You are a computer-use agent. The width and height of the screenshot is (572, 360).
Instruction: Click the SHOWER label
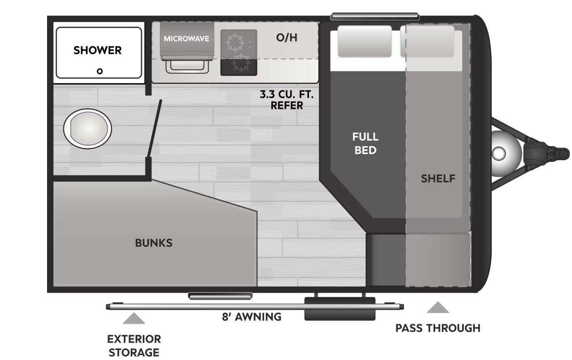click(x=98, y=50)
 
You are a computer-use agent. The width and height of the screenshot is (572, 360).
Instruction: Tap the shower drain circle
click(x=100, y=71)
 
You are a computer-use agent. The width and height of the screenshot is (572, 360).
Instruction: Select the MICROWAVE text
click(x=186, y=39)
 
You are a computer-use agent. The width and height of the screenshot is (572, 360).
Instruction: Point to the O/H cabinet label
click(x=287, y=38)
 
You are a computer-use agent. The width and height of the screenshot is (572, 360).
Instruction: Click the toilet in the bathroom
click(x=87, y=128)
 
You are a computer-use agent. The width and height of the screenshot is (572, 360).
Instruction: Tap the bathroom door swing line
click(x=154, y=128)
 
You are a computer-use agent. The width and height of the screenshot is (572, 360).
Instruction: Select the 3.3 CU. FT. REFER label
click(x=287, y=100)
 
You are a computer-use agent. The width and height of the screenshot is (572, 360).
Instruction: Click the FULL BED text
click(x=365, y=143)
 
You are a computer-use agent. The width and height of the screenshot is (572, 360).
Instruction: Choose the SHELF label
click(x=438, y=179)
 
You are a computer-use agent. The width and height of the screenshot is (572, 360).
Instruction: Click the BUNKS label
click(x=154, y=243)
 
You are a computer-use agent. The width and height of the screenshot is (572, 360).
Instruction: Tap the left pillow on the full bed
click(x=365, y=42)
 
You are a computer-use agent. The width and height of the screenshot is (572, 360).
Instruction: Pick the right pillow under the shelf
click(x=427, y=42)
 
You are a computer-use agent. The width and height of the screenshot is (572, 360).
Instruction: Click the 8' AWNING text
click(x=252, y=317)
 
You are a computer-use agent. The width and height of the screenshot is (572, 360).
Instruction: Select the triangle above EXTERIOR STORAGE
click(x=134, y=318)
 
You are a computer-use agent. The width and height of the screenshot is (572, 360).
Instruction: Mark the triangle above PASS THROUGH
click(x=438, y=307)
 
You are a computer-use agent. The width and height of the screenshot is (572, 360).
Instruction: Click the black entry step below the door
click(x=340, y=309)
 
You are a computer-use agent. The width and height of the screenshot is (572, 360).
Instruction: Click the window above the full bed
click(x=375, y=16)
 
